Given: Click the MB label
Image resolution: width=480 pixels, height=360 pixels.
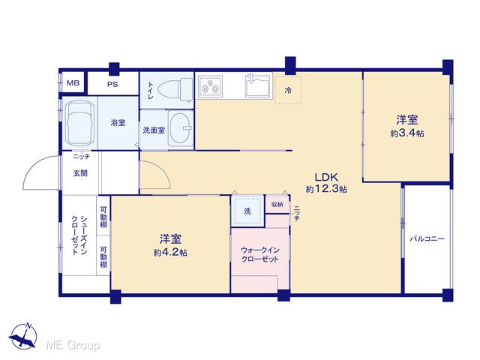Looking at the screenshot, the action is pos(73,83).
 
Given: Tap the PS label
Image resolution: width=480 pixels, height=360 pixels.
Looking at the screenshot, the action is pos(112,84).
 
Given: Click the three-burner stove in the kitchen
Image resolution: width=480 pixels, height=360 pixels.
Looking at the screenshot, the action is pos(210,85).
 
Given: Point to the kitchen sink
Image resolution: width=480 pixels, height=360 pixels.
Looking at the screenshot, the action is pos(258,85).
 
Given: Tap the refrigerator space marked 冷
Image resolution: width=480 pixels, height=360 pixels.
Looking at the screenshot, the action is pos(288,90).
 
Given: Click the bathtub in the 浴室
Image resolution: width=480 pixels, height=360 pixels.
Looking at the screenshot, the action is pos(79,123).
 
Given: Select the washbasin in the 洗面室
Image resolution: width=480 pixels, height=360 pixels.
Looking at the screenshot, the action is pos(181,128).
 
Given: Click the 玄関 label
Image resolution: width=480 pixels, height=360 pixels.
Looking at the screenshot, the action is pos(80,173).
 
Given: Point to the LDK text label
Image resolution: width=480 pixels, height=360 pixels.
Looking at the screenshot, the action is pos(326,177).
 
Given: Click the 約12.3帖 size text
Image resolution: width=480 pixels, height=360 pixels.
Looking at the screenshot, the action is pos(326,189).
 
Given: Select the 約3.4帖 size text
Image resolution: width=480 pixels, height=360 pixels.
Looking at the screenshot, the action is pos(407,133).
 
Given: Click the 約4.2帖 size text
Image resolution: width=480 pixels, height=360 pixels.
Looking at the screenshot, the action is pos(170,253).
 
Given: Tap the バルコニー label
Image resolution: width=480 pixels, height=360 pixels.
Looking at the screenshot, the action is pos(427,238).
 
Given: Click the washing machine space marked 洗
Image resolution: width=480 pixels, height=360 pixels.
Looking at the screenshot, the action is pos(247,211).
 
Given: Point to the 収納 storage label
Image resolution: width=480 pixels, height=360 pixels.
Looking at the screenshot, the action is pos(277,205).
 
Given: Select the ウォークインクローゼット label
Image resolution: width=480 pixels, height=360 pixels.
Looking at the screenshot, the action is pos(260,255).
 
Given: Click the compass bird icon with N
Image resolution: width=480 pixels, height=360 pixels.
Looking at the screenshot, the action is pos(23,335).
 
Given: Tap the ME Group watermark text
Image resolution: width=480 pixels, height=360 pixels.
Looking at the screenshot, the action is pos(73,345).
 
